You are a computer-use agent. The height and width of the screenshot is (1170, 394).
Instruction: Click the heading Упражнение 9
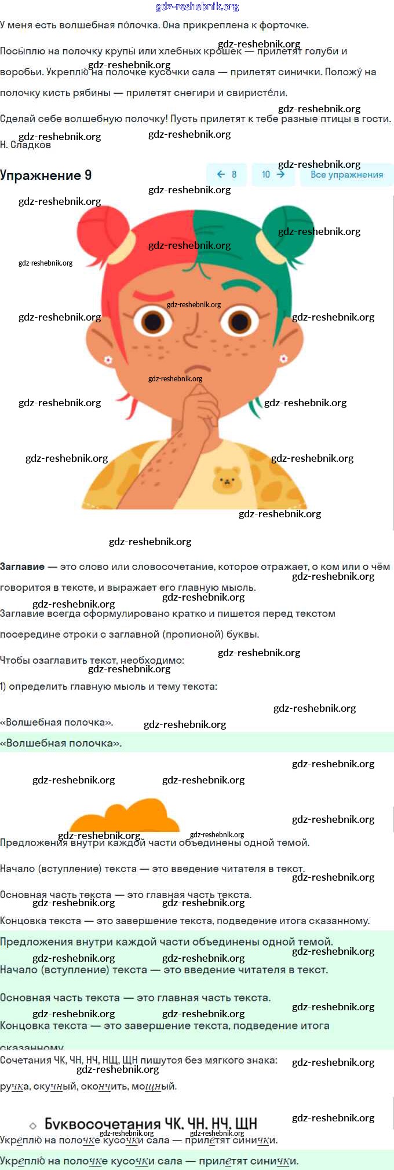click(46, 175)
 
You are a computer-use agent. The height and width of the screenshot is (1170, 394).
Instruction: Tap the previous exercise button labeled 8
click(227, 174)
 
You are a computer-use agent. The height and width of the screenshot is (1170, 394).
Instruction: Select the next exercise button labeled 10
click(273, 174)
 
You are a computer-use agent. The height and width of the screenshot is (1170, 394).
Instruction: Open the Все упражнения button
click(346, 174)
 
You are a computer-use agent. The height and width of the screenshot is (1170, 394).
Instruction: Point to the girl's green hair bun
click(286, 229)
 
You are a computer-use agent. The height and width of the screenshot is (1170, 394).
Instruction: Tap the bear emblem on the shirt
click(227, 480)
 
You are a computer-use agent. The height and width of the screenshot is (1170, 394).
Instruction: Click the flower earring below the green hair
click(283, 359)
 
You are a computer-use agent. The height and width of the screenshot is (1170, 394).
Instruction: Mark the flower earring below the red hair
click(108, 360)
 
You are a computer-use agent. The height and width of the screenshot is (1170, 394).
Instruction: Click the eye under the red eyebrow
click(153, 321)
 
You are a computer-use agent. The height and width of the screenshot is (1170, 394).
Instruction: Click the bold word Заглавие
click(22, 566)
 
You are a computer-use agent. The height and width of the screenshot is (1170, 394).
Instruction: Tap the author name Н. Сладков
click(25, 145)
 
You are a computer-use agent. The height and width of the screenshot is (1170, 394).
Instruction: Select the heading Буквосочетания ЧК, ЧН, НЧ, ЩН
click(151, 1124)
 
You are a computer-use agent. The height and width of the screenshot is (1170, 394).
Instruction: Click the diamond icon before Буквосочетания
click(33, 1125)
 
